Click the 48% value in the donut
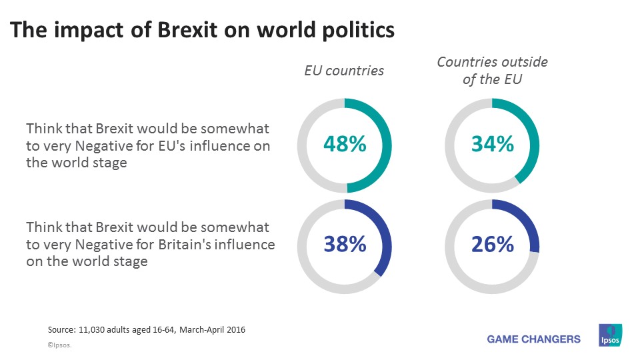click(345, 144)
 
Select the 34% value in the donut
click(492, 144)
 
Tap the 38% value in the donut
click(345, 245)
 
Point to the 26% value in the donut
click(492, 245)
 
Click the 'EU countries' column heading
click(344, 70)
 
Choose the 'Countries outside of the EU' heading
click(492, 70)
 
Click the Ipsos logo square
click(610, 335)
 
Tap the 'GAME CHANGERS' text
click(533, 339)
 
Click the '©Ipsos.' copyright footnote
click(59, 346)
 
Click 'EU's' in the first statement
click(166, 145)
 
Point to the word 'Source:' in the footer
click(63, 330)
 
